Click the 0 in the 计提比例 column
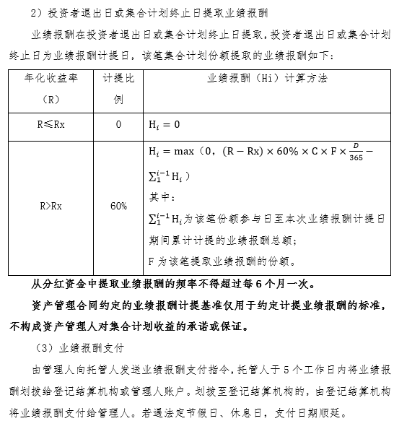118,124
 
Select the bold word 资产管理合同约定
72,304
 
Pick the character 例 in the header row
118,99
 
